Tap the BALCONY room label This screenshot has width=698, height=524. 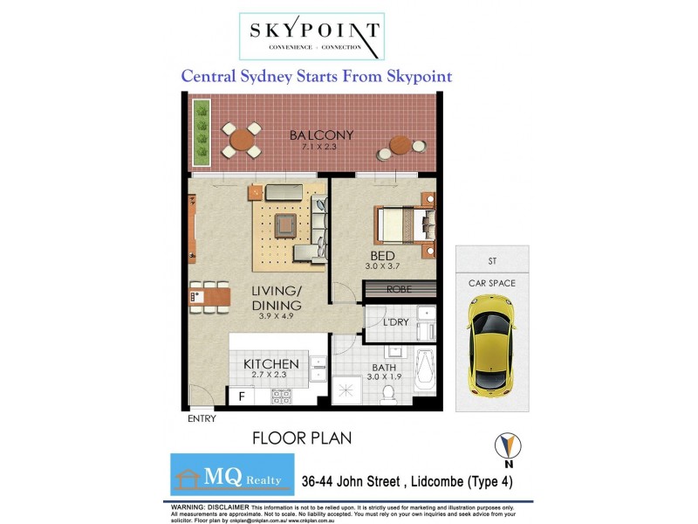322,134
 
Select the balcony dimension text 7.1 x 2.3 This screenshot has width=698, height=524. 322,147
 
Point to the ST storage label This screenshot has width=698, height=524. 491,260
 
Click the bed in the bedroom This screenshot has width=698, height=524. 404,224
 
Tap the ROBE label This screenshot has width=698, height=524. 398,289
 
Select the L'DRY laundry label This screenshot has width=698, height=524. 397,322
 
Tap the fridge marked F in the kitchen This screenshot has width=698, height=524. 241,395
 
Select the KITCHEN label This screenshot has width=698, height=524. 271,363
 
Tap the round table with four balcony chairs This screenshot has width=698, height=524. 241,140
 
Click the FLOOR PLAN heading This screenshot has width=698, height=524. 301,437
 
